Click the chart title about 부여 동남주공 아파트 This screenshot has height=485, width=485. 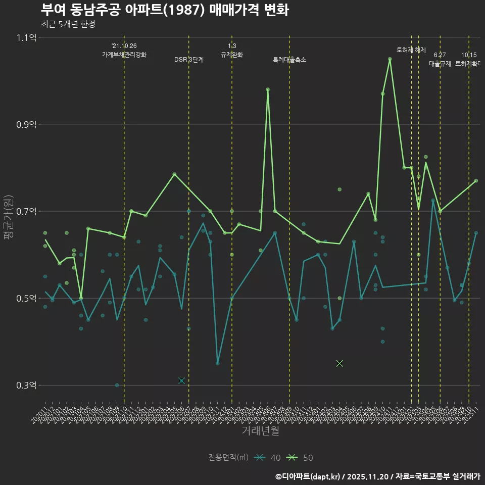(x=165, y=10)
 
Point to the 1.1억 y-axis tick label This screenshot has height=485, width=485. (x=26, y=37)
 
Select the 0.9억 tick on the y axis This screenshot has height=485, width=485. (x=26, y=124)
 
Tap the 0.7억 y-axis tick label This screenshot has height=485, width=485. (x=26, y=211)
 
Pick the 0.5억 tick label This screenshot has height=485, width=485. (x=26, y=298)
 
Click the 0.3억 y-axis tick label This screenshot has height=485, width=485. (x=26, y=385)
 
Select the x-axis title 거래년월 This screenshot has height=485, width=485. (x=260, y=431)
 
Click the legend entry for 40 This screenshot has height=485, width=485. (x=268, y=458)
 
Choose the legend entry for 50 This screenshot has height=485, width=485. (x=300, y=458)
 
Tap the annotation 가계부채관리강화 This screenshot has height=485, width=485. (x=124, y=55)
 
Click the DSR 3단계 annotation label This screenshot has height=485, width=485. (x=189, y=60)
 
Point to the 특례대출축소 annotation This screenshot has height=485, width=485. (x=289, y=60)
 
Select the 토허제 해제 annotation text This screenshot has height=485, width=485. (x=411, y=50)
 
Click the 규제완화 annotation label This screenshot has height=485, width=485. (x=232, y=55)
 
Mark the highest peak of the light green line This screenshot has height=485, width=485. (x=390, y=59)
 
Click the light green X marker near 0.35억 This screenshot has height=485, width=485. (x=339, y=363)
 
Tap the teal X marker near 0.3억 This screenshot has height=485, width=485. (x=181, y=380)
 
